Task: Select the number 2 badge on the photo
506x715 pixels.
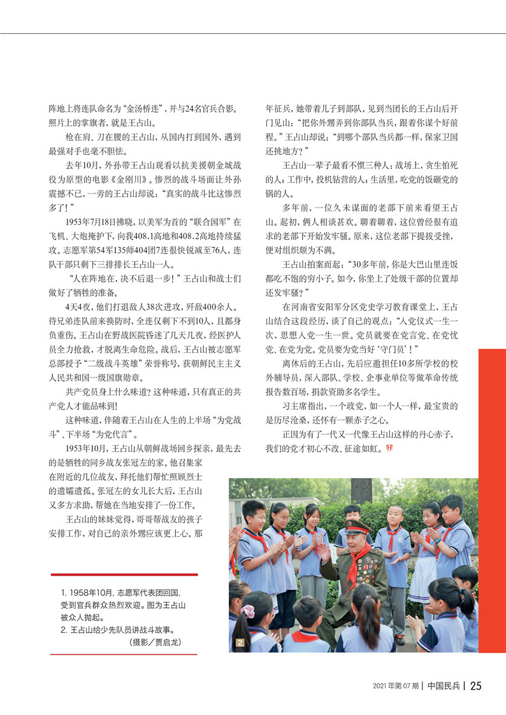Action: coord(240,642)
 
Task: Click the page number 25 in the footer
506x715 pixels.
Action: coord(475,686)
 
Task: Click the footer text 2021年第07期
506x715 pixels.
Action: coord(396,686)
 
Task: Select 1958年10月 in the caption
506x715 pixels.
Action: coord(87,592)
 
